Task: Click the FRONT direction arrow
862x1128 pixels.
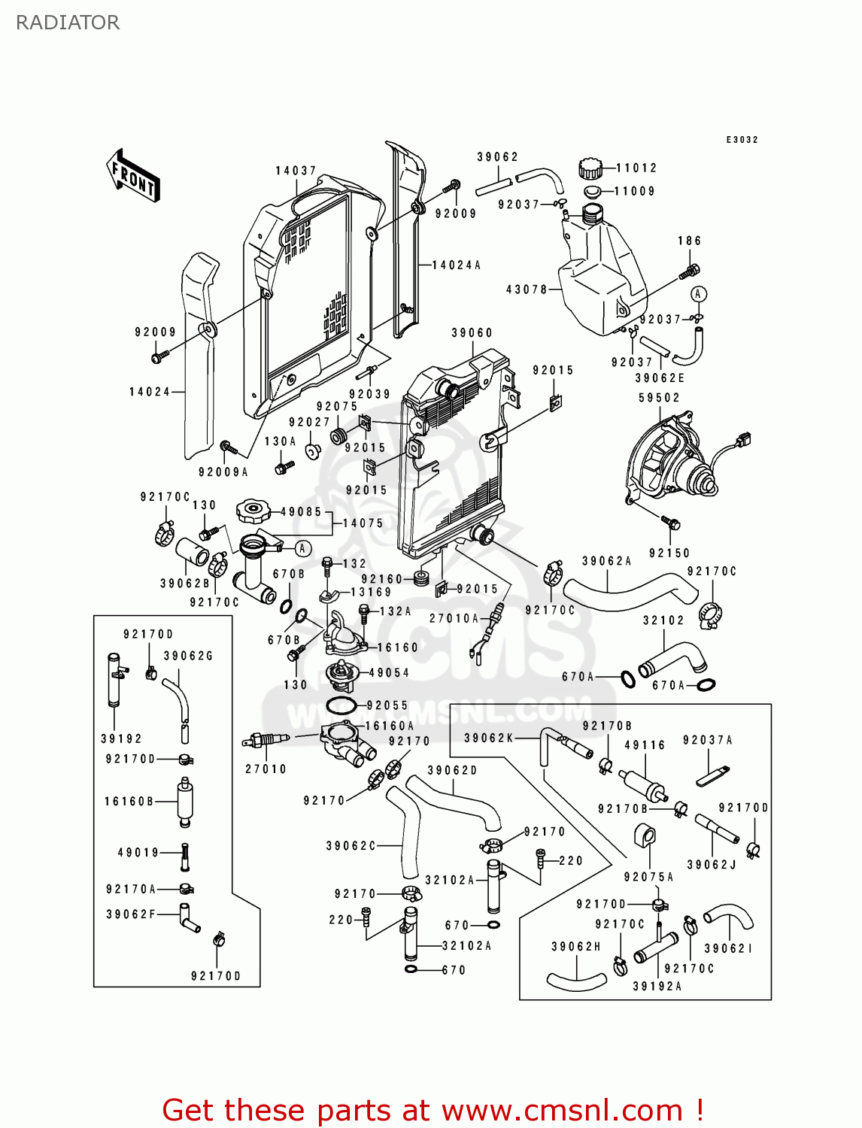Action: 134,176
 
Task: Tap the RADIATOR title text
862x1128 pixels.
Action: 68,23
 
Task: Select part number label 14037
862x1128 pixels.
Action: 296,171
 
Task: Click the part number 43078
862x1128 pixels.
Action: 527,289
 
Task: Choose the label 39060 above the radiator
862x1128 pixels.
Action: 472,332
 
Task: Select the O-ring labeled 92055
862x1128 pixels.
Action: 341,706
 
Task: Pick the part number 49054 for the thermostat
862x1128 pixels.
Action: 389,673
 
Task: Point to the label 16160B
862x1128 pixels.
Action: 129,802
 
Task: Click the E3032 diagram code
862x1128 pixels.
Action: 742,140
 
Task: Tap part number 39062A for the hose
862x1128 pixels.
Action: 606,561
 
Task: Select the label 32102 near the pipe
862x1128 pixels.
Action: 663,620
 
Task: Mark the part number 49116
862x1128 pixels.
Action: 645,745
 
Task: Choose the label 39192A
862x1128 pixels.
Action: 657,987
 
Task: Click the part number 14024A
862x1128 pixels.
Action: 456,265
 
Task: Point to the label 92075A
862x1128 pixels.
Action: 648,877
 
